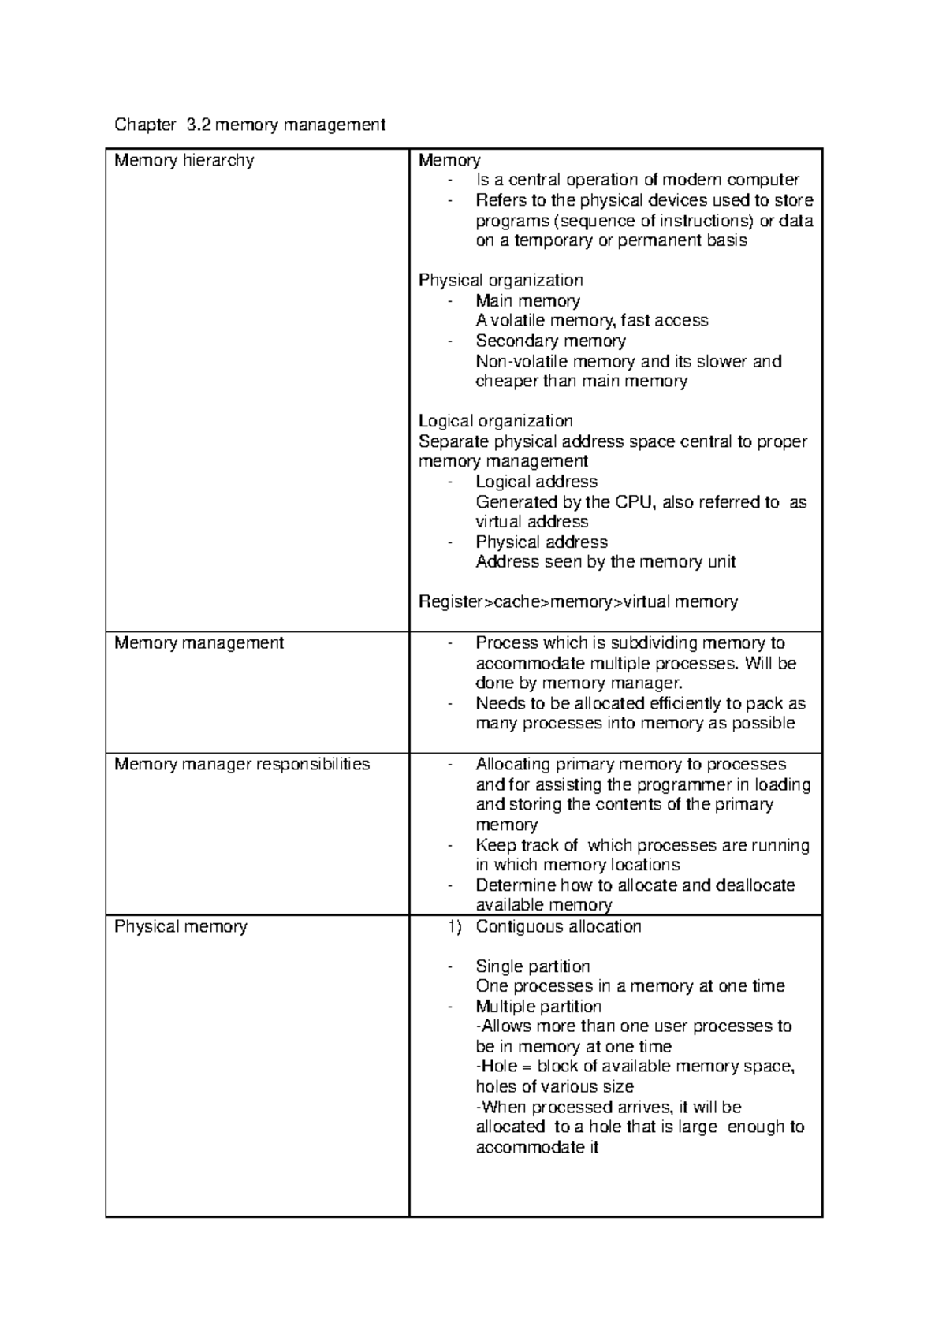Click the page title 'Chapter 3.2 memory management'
point(250,125)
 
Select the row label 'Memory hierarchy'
point(184,161)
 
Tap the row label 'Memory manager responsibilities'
point(242,765)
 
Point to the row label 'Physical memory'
point(181,927)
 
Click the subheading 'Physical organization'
point(501,281)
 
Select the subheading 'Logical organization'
point(495,421)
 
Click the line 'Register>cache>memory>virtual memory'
point(578,602)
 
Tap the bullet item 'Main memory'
point(527,301)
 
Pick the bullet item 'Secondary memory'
point(550,341)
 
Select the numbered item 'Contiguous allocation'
point(558,927)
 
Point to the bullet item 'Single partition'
point(533,966)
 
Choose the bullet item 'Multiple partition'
point(538,1007)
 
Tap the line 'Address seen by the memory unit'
point(605,562)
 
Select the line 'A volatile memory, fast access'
point(592,321)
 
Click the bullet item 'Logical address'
point(536,482)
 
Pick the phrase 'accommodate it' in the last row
point(537,1148)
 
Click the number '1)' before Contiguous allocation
point(454,927)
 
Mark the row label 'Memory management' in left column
point(199,643)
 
